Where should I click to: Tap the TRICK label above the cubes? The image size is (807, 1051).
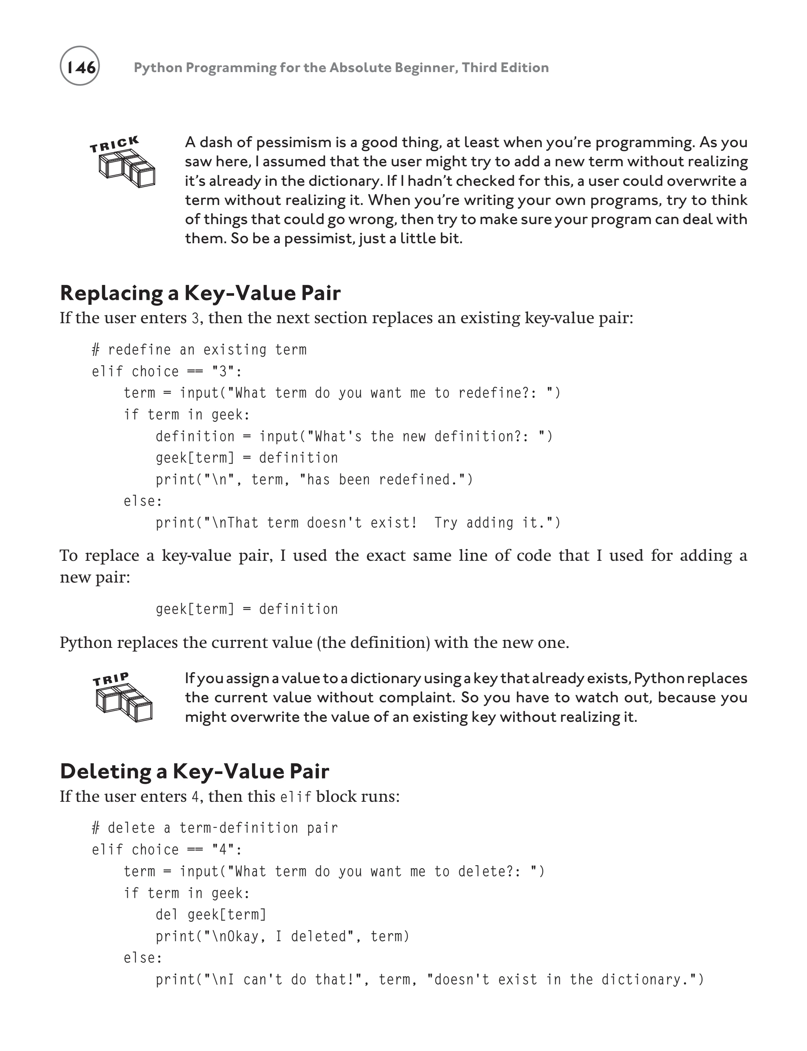click(114, 144)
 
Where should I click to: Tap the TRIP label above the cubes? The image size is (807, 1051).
click(111, 679)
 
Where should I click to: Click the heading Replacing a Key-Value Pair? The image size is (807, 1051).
click(200, 293)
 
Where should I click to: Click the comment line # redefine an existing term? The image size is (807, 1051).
click(199, 350)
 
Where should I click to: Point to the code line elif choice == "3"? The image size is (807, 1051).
click(167, 372)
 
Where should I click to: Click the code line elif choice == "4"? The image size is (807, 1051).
click(167, 850)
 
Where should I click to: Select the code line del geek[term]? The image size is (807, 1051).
click(211, 915)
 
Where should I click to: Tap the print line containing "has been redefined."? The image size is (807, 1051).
click(314, 479)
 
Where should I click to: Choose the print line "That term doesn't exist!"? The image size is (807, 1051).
click(358, 522)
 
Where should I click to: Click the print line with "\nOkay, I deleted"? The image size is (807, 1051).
click(283, 936)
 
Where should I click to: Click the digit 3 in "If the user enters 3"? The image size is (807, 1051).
click(195, 319)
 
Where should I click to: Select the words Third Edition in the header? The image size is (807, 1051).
click(505, 68)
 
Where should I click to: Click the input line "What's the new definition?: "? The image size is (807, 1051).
click(354, 436)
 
